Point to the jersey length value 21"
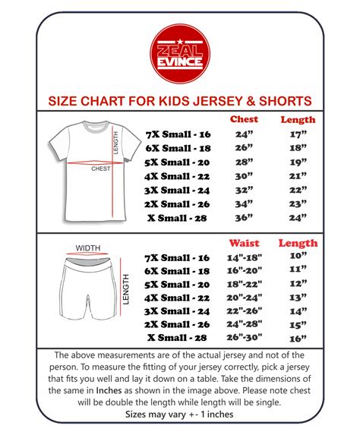[x=297, y=176]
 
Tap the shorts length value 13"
[x=297, y=298]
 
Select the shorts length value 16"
[x=297, y=339]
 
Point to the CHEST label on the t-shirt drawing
[x=101, y=168]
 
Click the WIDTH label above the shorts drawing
[x=88, y=247]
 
